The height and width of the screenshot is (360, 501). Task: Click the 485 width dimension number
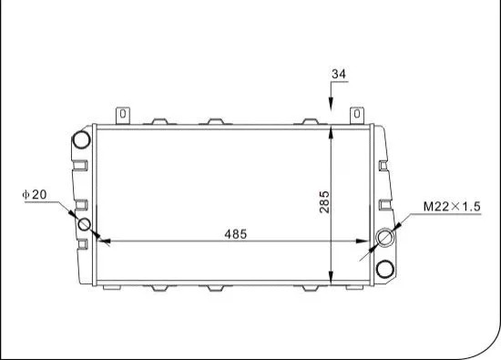[x=236, y=233]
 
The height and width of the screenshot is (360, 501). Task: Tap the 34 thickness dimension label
[x=339, y=74]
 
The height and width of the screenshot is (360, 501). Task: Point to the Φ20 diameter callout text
[x=35, y=195]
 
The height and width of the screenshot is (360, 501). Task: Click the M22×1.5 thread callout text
[x=451, y=207]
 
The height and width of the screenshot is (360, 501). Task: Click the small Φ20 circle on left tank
[x=85, y=224]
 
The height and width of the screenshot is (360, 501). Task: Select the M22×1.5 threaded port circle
[x=384, y=239]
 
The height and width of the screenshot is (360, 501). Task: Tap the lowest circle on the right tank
[x=384, y=269]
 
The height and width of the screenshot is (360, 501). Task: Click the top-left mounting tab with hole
[x=121, y=115]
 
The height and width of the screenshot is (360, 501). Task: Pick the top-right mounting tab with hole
[x=359, y=115]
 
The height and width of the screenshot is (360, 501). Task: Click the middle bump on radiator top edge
[x=215, y=121]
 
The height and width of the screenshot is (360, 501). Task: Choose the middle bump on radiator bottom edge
[x=215, y=289]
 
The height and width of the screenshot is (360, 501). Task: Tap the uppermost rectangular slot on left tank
[x=80, y=165]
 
